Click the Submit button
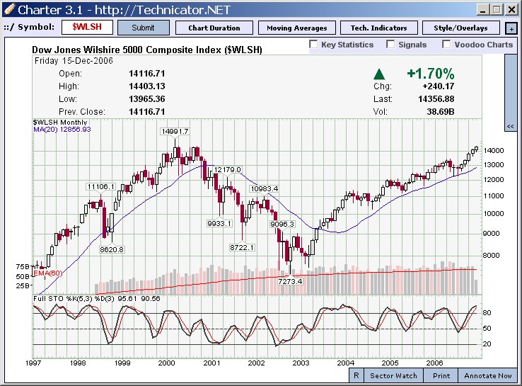point(143,28)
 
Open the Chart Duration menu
point(214,28)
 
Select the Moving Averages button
point(297,28)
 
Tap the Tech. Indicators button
point(378,28)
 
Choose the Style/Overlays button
point(460,28)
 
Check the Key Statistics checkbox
point(315,45)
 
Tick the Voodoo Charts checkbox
point(447,45)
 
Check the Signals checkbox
point(390,45)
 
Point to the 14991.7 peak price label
point(175,131)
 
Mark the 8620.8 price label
point(112,249)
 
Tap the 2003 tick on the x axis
point(301,362)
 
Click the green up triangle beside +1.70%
point(380,74)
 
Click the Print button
point(441,375)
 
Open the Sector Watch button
point(394,375)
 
